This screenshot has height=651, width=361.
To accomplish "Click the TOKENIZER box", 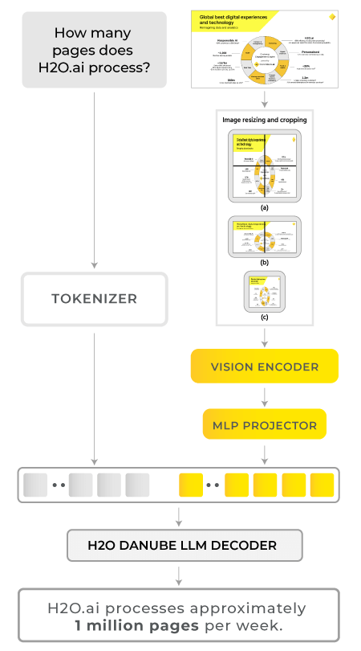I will pyautogui.click(x=95, y=299).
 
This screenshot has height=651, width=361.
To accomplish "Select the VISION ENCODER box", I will pyautogui.click(x=265, y=366).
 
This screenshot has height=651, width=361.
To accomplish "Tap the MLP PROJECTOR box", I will pyautogui.click(x=265, y=424).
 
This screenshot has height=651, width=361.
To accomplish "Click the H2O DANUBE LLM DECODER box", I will pyautogui.click(x=182, y=545).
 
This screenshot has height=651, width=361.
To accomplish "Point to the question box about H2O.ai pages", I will pyautogui.click(x=95, y=49).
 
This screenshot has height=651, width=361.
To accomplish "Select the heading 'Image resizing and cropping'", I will pyautogui.click(x=264, y=120).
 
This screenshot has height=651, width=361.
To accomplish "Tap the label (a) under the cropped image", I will pyautogui.click(x=264, y=207).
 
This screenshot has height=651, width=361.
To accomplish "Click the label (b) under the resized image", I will pyautogui.click(x=264, y=262).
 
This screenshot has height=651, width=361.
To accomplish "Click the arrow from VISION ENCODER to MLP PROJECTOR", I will pyautogui.click(x=265, y=395).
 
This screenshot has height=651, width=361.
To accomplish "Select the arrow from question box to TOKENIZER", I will pyautogui.click(x=95, y=177).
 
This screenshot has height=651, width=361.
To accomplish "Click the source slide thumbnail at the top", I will pyautogui.click(x=264, y=47).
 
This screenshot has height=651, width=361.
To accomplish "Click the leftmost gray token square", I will pyautogui.click(x=35, y=485).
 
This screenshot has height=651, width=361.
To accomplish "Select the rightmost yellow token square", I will pyautogui.click(x=322, y=485).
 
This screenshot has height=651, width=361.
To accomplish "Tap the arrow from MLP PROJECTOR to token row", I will pyautogui.click(x=265, y=452).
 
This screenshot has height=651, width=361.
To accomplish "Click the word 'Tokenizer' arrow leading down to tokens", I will pyautogui.click(x=95, y=394).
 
